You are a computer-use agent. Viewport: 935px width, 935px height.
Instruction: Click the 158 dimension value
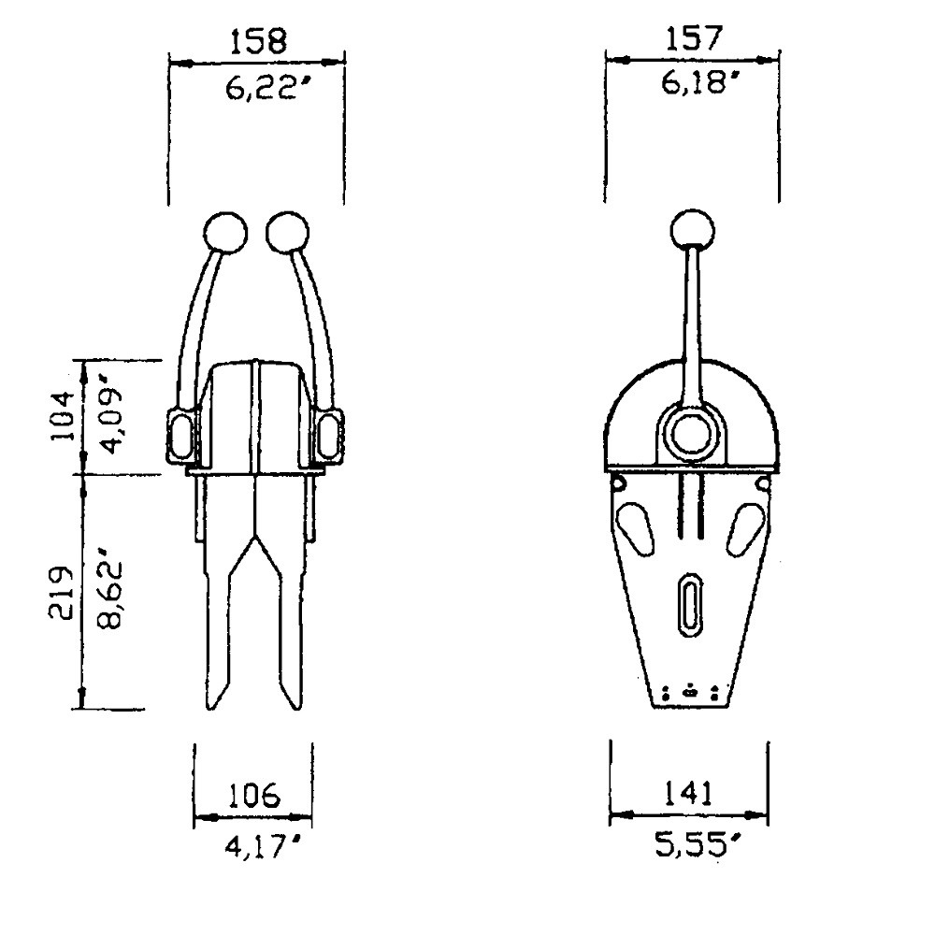pyautogui.click(x=258, y=40)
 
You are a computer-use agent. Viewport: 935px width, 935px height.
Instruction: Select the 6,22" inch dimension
pyautogui.click(x=261, y=89)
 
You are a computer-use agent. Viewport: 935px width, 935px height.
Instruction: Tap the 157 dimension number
pyautogui.click(x=694, y=38)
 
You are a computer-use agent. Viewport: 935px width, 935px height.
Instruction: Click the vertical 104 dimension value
pyautogui.click(x=64, y=416)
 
